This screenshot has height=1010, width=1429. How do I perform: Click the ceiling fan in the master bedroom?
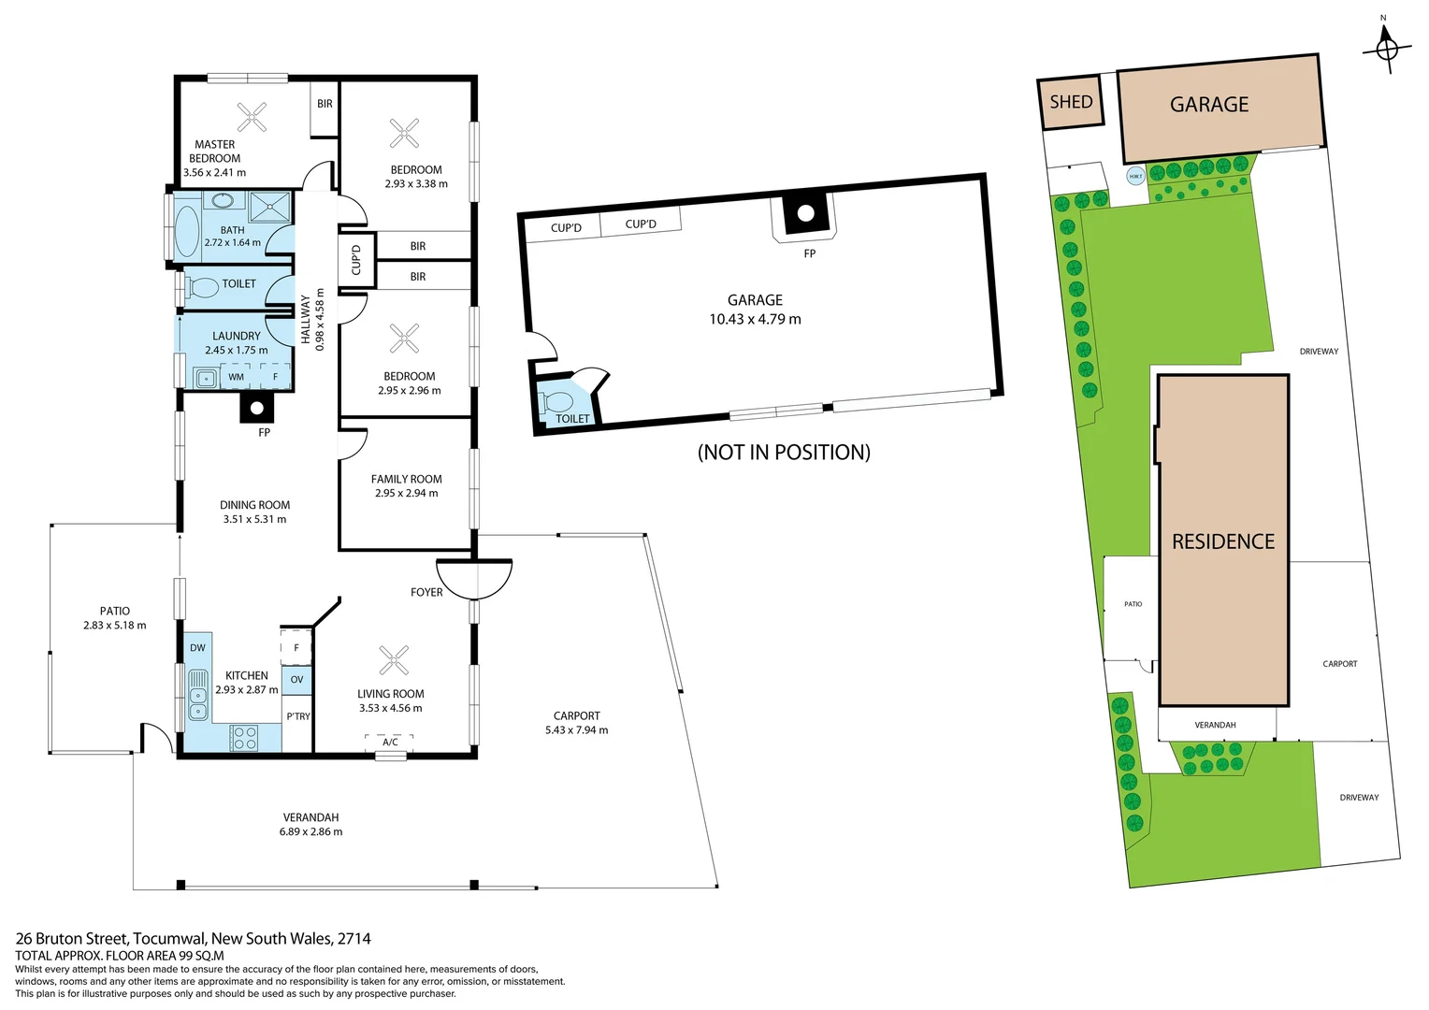tap(251, 117)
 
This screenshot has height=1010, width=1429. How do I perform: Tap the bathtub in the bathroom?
tap(188, 231)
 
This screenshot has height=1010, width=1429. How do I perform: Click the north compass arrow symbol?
tap(1386, 48)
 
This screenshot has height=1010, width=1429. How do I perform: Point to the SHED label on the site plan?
tap(1071, 102)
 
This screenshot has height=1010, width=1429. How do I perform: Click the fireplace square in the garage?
tap(805, 214)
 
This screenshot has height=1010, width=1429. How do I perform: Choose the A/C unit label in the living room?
tap(390, 742)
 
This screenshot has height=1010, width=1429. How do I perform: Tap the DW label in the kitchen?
tap(197, 647)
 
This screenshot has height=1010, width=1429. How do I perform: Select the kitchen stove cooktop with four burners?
tap(245, 738)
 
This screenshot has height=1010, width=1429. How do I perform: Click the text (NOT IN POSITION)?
tap(784, 453)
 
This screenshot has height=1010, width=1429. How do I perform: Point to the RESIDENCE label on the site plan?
tap(1222, 541)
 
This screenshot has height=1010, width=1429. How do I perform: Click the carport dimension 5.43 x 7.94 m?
tap(576, 730)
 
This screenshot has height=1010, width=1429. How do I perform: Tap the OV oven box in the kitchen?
tap(296, 680)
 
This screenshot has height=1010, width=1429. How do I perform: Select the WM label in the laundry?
tap(236, 377)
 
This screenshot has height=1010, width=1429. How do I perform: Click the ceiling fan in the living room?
tap(394, 659)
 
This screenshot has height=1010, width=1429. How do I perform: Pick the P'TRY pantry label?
tap(298, 716)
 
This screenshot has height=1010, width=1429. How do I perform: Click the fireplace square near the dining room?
tap(256, 408)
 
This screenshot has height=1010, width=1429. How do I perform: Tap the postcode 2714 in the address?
tap(354, 938)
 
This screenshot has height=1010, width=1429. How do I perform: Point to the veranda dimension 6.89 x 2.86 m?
tap(310, 831)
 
